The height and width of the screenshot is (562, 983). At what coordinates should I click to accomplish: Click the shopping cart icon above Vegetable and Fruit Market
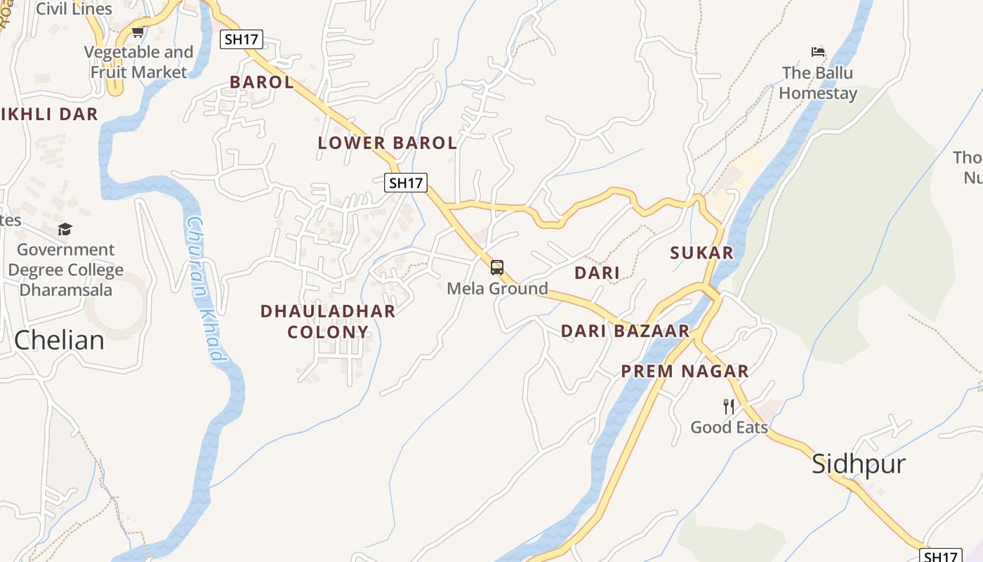tap(138, 32)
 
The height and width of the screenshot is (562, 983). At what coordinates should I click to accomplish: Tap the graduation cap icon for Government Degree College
tap(65, 229)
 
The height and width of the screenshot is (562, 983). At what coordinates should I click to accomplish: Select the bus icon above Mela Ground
tap(497, 268)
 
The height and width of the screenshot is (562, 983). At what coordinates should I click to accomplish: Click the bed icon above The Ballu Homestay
tap(817, 52)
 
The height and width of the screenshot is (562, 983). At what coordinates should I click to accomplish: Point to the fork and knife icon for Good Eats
tap(729, 406)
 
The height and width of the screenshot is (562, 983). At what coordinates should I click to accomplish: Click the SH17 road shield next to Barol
tap(242, 39)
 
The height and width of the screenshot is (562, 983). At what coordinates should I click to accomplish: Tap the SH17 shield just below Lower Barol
tap(406, 183)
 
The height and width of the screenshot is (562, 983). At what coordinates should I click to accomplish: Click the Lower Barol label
tap(387, 143)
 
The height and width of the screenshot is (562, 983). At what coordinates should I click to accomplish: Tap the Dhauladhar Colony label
tap(328, 321)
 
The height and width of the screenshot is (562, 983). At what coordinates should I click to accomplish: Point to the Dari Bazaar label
tap(625, 331)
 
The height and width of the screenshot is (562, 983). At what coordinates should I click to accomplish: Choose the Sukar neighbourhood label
tap(701, 253)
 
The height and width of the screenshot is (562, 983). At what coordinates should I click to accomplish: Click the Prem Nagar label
tap(685, 372)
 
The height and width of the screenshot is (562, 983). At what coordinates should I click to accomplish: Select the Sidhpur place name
tap(858, 464)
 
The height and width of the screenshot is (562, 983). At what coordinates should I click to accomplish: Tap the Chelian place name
tap(59, 340)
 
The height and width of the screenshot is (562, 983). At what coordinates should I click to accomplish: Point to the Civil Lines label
tap(74, 9)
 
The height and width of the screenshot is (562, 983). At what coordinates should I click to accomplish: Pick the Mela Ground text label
tap(497, 289)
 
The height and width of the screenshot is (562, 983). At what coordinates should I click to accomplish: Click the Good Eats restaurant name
tap(729, 427)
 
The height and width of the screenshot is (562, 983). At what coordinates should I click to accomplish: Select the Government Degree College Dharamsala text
tap(65, 270)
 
